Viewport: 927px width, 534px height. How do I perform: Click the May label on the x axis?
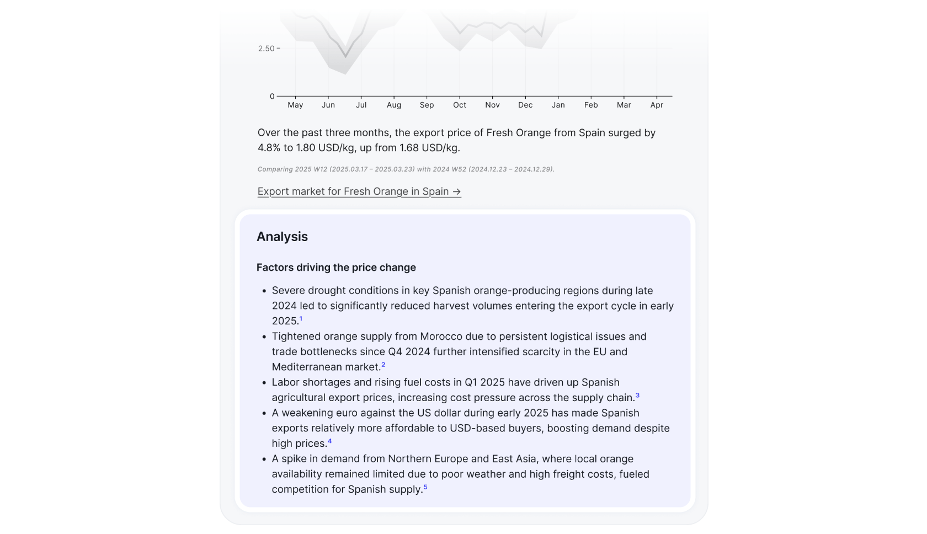click(295, 105)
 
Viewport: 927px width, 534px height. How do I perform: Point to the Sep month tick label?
click(427, 105)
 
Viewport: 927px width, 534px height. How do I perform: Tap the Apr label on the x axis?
click(657, 105)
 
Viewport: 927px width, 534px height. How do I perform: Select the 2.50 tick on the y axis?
click(266, 49)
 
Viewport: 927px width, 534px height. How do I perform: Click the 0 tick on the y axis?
click(272, 97)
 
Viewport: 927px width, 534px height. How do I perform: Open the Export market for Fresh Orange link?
click(359, 191)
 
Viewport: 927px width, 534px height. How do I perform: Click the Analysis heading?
click(282, 237)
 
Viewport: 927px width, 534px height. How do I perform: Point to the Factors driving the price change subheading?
click(336, 268)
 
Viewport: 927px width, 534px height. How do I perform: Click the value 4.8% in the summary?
click(269, 148)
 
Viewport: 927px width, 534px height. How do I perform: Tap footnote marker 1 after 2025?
click(301, 319)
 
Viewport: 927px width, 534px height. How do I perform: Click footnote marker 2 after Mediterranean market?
click(383, 365)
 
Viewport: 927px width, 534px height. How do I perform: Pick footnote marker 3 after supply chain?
click(637, 395)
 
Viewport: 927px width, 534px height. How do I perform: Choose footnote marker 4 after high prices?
click(330, 441)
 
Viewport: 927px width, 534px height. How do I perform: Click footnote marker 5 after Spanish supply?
click(425, 487)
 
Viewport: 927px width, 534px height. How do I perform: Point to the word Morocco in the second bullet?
click(441, 337)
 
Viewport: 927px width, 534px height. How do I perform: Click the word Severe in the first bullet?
click(288, 291)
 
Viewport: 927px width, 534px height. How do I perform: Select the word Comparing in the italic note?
click(274, 169)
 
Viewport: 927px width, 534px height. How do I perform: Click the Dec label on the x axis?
click(525, 105)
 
